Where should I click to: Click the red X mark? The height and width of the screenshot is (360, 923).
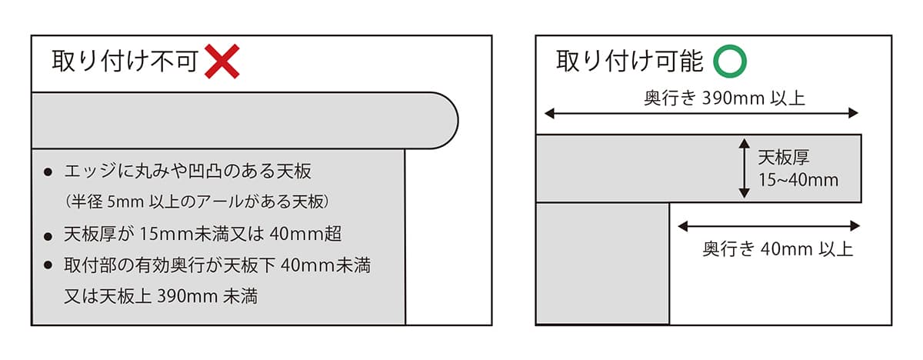click(222, 61)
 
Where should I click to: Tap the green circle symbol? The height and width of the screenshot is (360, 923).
click(728, 61)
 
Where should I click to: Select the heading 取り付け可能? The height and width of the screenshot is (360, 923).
click(630, 61)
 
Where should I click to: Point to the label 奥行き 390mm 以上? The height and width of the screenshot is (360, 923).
click(702, 98)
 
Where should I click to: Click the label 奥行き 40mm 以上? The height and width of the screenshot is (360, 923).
click(778, 249)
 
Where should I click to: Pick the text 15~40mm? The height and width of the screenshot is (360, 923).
click(798, 180)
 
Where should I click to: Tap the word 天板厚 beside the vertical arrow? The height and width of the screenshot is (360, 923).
click(785, 158)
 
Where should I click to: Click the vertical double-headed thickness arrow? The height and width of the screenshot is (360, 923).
click(744, 168)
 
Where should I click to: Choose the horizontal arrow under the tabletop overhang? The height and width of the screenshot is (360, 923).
click(768, 226)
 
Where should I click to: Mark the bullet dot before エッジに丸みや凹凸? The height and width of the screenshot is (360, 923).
click(49, 172)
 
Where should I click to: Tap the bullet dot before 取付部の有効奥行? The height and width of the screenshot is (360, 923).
click(49, 267)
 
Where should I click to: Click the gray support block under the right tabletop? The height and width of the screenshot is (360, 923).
click(602, 263)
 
